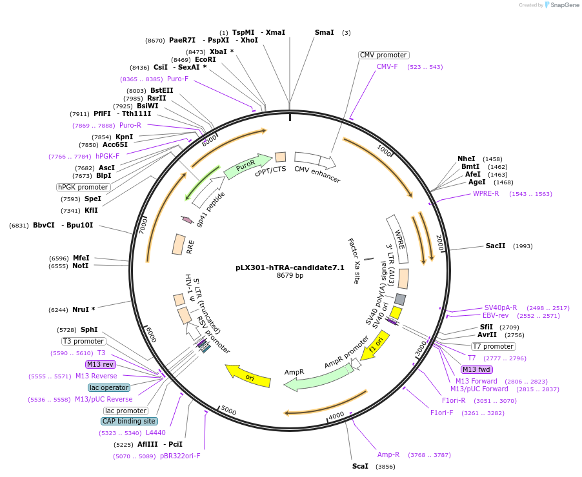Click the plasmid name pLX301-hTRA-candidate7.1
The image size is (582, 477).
290,268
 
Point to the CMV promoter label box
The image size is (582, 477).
383,55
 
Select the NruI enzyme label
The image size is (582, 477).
81,309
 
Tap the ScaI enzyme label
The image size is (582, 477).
360,466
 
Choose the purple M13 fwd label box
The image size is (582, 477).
476,369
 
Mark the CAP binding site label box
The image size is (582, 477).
128,421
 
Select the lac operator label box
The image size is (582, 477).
109,387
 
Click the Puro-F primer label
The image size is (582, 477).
177,79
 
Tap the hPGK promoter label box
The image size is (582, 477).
83,187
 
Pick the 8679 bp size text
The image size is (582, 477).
290,276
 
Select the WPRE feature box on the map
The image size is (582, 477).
397,239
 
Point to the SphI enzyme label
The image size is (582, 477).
89,329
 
